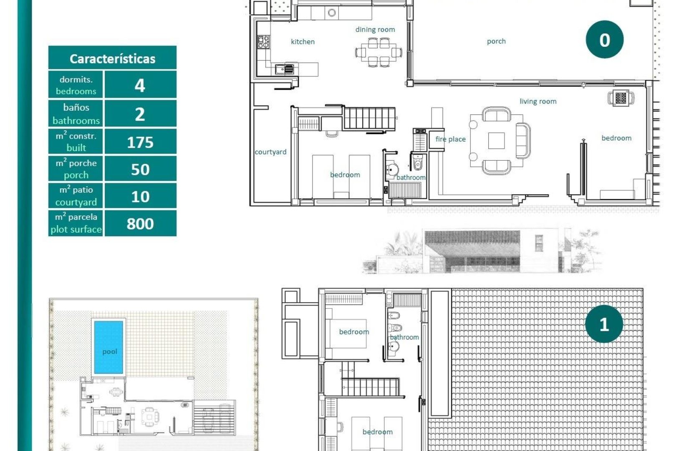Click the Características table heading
click(x=112, y=58)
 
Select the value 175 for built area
click(x=140, y=142)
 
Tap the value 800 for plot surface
click(x=140, y=224)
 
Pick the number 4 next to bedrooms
click(x=140, y=85)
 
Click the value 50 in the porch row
click(x=140, y=170)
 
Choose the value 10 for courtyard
click(x=140, y=197)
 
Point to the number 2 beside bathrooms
click(x=140, y=114)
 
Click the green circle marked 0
click(x=604, y=40)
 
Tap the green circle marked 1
click(x=604, y=324)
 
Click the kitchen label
click(x=303, y=42)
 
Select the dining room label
click(x=375, y=30)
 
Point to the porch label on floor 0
click(x=496, y=41)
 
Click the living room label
click(x=537, y=101)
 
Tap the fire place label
click(x=450, y=139)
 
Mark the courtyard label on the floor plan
click(x=270, y=152)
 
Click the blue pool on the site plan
click(x=108, y=347)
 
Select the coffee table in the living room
click(x=496, y=141)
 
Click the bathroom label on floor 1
click(x=404, y=337)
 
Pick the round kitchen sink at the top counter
click(x=332, y=13)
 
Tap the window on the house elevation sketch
click(x=539, y=243)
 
